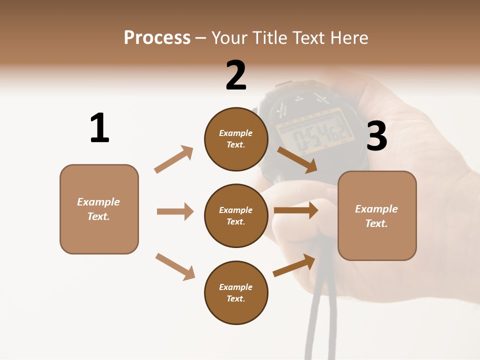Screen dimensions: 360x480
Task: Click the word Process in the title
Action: point(157,38)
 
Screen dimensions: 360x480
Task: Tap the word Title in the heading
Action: point(268,38)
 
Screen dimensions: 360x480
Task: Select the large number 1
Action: point(99,128)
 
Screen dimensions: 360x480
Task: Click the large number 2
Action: point(236,75)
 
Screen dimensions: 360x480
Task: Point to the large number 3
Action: point(376,136)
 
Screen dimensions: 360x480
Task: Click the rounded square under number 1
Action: point(99,209)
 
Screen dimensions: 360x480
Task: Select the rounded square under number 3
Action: point(377,215)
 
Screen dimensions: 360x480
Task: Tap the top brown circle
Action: point(236,139)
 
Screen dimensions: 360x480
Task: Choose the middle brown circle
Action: point(236,215)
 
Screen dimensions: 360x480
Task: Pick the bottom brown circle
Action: point(236,292)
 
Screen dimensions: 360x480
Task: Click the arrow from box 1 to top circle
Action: point(174,159)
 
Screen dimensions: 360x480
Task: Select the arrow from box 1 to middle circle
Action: point(175,211)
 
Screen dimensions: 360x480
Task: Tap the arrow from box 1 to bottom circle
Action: point(175,266)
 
